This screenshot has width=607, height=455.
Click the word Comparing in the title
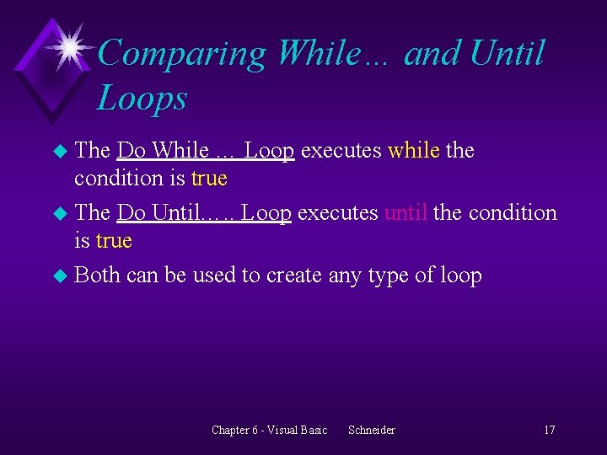click(180, 55)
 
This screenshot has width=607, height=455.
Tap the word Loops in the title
click(141, 99)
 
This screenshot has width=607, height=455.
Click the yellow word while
click(413, 151)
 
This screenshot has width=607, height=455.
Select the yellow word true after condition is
click(209, 179)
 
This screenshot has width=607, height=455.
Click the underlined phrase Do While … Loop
click(205, 151)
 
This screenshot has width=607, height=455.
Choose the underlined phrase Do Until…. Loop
click(204, 213)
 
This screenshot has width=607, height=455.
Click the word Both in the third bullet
click(97, 276)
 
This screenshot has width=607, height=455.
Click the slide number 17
click(549, 431)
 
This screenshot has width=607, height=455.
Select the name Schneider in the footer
click(371, 431)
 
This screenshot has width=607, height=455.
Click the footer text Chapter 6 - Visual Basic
click(269, 431)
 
